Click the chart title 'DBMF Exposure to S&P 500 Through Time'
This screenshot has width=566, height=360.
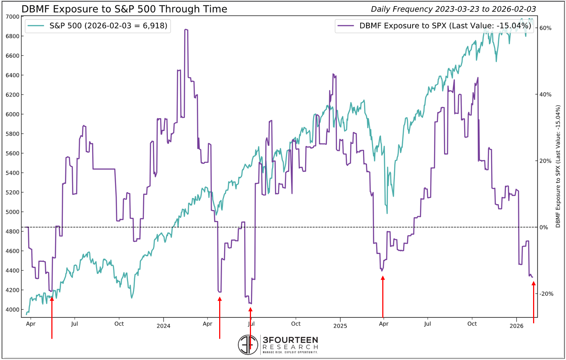[x=124, y=9]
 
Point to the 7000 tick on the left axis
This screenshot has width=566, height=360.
[x=13, y=17]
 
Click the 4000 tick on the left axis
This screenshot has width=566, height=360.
[x=13, y=310]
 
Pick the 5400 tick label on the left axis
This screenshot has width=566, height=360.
[x=13, y=173]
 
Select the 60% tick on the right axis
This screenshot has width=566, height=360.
[x=545, y=28]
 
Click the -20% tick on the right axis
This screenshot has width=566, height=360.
[x=546, y=294]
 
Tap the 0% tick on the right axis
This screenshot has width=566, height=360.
[x=544, y=228]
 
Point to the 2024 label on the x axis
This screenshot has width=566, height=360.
[x=163, y=326]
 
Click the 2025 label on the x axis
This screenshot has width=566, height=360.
[x=340, y=326]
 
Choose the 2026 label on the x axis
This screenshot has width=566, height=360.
[x=516, y=326]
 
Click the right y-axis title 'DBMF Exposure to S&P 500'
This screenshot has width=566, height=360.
[x=558, y=166]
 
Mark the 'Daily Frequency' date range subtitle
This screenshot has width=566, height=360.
[x=454, y=9]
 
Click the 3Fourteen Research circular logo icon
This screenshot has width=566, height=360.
[x=248, y=344]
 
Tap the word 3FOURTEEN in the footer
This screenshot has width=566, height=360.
[x=290, y=340]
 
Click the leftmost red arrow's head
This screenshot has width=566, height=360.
[x=52, y=298]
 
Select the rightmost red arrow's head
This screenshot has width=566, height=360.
[x=533, y=284]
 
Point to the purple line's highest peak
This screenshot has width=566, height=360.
[x=186, y=30]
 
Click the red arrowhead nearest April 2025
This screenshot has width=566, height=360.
[x=383, y=278]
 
